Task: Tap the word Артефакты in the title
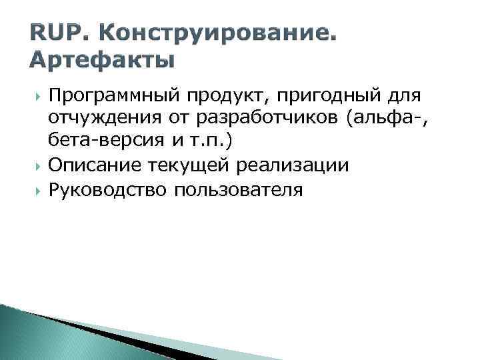102,61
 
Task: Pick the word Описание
95,166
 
